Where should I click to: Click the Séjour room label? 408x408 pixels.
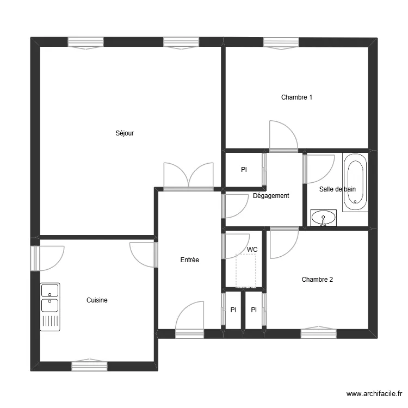tap(125, 133)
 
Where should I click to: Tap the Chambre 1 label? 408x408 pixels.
tap(296, 97)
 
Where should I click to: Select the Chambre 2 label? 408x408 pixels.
tap(317, 280)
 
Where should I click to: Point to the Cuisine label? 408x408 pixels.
tap(97, 300)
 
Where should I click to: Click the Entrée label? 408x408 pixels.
tap(190, 260)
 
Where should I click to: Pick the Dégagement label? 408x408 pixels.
tap(271, 196)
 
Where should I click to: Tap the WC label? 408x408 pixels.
tap(252, 250)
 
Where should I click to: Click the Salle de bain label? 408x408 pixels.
tap(337, 189)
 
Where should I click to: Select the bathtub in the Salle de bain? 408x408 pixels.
tap(355, 182)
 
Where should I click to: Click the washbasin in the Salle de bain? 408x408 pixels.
tap(324, 218)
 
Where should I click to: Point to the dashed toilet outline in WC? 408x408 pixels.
tap(246, 271)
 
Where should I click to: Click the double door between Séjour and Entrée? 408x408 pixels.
tap(188, 177)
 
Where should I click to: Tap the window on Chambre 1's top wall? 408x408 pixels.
tap(281, 42)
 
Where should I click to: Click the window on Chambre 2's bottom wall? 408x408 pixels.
tap(319, 332)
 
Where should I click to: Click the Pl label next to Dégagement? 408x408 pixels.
tap(244, 170)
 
